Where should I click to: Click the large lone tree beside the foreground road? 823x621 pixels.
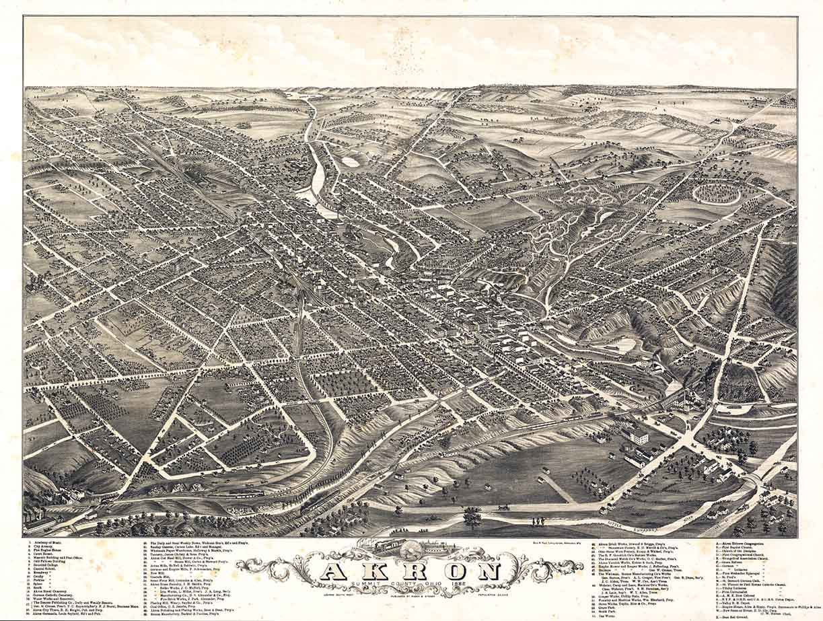(x=472, y=517)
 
